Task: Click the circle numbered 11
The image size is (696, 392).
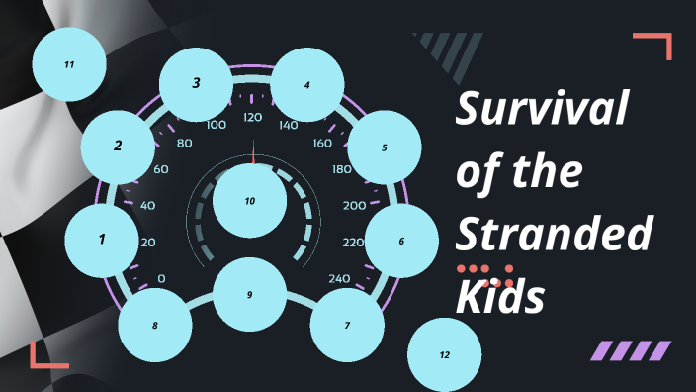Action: click(x=69, y=64)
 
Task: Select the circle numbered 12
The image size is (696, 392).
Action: click(x=444, y=354)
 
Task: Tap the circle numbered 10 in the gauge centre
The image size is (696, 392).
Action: click(x=250, y=201)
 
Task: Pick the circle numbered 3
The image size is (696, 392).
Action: click(x=196, y=83)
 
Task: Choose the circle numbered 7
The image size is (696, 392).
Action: click(x=347, y=325)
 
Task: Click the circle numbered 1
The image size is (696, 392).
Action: click(x=102, y=239)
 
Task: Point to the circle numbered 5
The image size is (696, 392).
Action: click(x=384, y=147)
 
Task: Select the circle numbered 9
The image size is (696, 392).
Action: click(x=250, y=294)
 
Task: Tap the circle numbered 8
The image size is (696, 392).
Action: click(x=154, y=325)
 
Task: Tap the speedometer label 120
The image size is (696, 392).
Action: click(x=252, y=118)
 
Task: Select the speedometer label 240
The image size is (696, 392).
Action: click(x=340, y=278)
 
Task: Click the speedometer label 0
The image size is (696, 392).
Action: click(x=161, y=278)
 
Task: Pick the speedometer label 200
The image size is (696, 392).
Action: click(x=354, y=206)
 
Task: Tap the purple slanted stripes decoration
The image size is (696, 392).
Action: click(x=630, y=350)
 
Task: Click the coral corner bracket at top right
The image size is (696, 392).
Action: click(x=656, y=44)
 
